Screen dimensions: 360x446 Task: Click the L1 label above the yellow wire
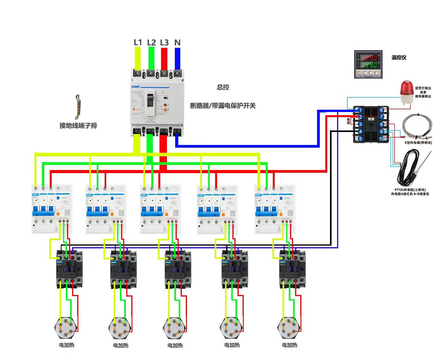[x=138, y=42]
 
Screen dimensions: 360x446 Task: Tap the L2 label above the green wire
[x=151, y=42]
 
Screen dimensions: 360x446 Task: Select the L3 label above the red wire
[x=164, y=42]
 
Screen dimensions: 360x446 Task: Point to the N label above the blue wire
[x=177, y=42]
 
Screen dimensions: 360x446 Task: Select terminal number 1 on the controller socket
[x=360, y=110]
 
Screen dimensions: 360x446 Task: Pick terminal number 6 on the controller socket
[x=381, y=110]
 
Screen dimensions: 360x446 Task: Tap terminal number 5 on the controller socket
[x=360, y=138]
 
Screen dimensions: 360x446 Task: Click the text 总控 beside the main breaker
[x=223, y=87]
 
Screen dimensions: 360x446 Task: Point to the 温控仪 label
[x=399, y=58]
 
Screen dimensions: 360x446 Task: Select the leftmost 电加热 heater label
[x=66, y=346]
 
